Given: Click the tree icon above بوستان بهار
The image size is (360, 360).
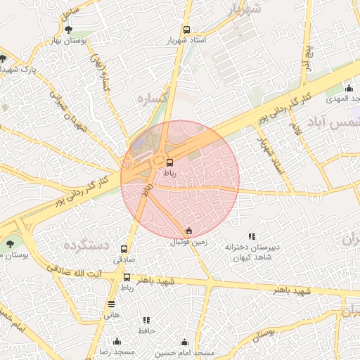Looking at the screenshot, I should click(x=68, y=30).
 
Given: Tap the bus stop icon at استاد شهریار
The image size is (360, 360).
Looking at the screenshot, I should click(x=186, y=30).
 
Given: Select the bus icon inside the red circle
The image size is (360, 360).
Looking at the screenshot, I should click(x=169, y=161).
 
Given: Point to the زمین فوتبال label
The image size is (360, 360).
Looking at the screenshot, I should click(x=188, y=242).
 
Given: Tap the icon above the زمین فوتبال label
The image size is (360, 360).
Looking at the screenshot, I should click(x=188, y=231).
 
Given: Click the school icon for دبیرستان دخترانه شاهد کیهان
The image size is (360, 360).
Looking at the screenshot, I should click(x=252, y=237).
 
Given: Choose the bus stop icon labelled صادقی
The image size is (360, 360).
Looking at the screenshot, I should click(x=124, y=249).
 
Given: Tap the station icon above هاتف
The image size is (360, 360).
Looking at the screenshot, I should click(x=111, y=304).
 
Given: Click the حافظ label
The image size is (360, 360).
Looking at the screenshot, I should click(x=146, y=330).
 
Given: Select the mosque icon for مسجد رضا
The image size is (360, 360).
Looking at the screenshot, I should click(x=117, y=341).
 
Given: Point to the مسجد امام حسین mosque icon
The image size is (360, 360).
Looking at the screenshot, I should click(x=185, y=341).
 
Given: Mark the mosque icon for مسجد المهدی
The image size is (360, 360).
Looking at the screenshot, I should click(x=349, y=88).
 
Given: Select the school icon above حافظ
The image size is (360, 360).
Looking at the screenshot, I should click(x=146, y=320).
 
